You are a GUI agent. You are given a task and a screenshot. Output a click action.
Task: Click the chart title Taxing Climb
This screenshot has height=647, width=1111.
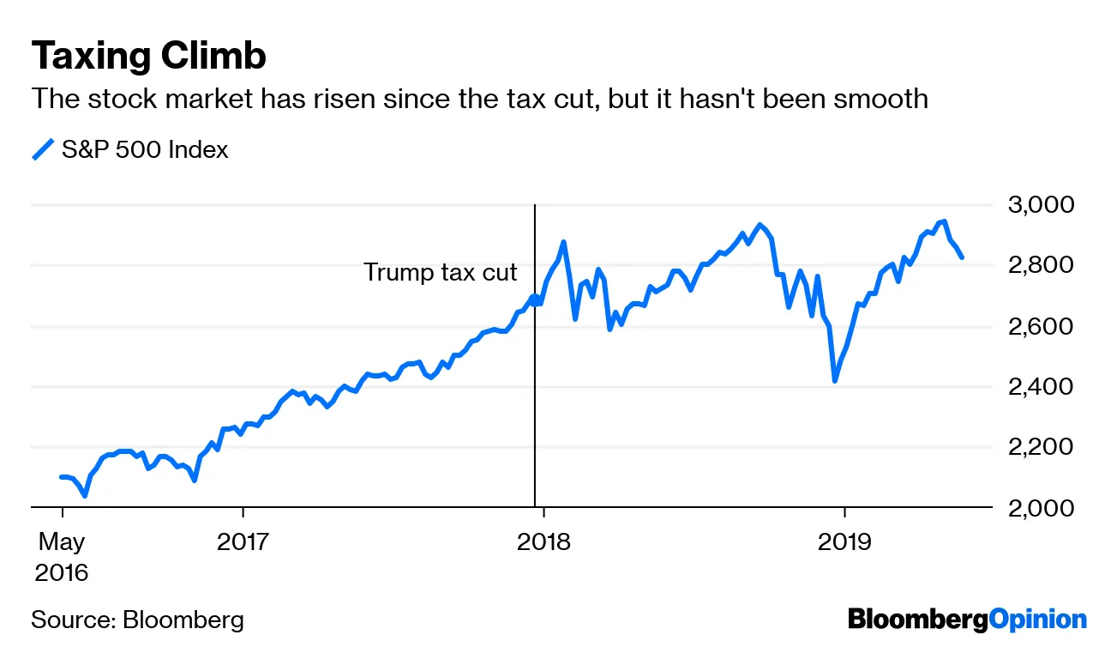tap(148, 56)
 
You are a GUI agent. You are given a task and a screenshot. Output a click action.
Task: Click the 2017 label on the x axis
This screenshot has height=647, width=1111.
tap(243, 542)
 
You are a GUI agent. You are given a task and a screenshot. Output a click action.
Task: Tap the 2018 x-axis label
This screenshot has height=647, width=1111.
tap(543, 542)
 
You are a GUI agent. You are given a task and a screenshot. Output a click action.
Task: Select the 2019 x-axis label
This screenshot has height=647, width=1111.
tap(844, 542)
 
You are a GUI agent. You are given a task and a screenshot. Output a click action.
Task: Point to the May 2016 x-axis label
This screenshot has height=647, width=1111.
tap(61, 557)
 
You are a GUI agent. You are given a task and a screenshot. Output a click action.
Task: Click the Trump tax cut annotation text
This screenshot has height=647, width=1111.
tap(441, 273)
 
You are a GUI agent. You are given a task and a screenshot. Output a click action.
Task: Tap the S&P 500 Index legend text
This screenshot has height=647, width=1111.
tap(145, 150)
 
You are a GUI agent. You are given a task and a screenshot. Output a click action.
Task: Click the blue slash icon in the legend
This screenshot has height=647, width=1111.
tap(43, 150)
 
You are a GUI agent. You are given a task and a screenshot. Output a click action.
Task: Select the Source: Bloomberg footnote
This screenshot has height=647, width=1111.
tap(137, 620)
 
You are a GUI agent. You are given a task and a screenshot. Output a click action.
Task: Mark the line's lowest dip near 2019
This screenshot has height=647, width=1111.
tap(834, 380)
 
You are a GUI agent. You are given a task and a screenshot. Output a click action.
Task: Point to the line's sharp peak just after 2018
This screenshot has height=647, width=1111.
tap(563, 243)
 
